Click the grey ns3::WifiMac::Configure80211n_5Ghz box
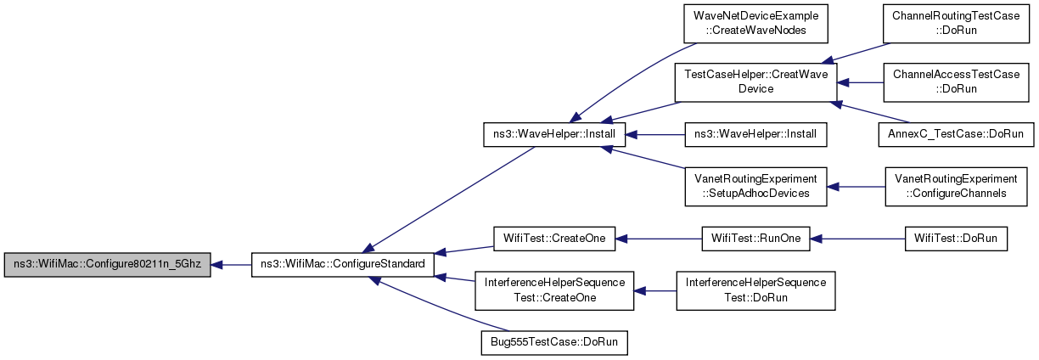(x=107, y=265)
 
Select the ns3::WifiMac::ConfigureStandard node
(x=343, y=265)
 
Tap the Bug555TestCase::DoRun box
(x=554, y=343)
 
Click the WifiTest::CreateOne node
(x=554, y=239)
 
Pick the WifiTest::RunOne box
(x=755, y=239)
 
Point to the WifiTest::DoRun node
(x=956, y=239)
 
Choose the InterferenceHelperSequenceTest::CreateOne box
(x=554, y=291)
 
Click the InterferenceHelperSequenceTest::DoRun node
(x=755, y=291)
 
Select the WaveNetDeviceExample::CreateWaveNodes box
(x=755, y=24)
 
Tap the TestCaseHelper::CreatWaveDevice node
(x=755, y=82)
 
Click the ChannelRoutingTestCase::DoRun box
(x=956, y=24)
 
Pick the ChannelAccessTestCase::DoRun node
(x=956, y=82)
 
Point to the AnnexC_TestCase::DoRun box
(x=956, y=134)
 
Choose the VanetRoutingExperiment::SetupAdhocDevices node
(x=755, y=187)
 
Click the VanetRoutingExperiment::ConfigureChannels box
(x=956, y=187)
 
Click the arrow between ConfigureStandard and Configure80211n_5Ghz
(x=231, y=265)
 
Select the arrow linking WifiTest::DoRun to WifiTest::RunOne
(x=857, y=239)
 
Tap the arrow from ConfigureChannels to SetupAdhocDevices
(x=856, y=187)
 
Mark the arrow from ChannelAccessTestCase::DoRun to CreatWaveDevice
(x=860, y=82)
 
